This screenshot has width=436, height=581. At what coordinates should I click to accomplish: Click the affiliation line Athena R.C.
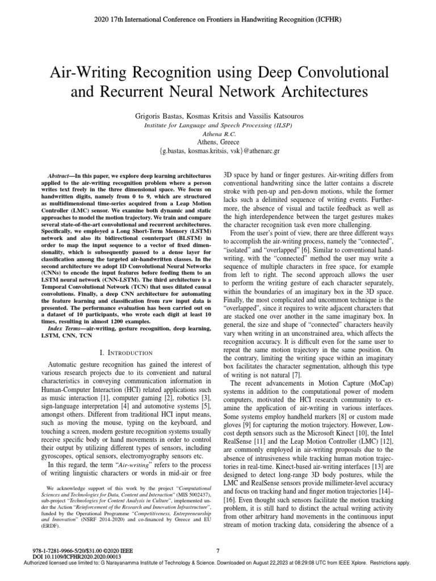point(217,133)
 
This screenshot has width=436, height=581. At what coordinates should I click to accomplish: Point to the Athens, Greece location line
point(217,142)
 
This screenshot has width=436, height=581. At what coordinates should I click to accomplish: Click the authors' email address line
point(217,151)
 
